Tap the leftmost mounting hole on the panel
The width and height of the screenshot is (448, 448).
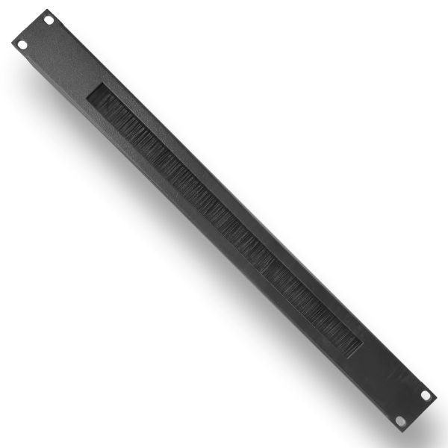click(22, 45)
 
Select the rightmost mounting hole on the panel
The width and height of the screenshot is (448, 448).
click(426, 395)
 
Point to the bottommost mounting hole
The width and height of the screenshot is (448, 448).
click(400, 421)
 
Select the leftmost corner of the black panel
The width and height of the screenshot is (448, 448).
click(12, 43)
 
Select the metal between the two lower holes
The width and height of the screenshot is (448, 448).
click(413, 408)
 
